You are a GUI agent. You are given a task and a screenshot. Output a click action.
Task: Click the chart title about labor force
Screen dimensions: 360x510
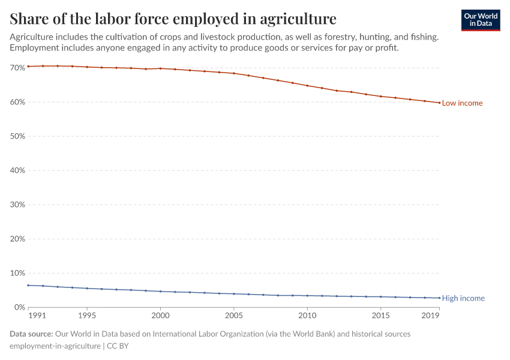(x=173, y=18)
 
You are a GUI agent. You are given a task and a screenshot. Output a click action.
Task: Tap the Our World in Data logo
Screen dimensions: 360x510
(x=481, y=20)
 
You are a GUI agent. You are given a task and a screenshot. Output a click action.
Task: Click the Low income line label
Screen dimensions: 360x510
(x=462, y=103)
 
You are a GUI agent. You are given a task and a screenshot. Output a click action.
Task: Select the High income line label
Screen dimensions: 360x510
(x=463, y=298)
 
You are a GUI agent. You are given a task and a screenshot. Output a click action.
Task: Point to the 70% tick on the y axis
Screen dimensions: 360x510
(x=17, y=68)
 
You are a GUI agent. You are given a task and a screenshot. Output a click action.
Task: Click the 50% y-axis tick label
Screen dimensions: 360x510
(x=17, y=136)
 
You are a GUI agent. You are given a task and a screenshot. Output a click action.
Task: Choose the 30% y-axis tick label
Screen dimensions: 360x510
(x=17, y=205)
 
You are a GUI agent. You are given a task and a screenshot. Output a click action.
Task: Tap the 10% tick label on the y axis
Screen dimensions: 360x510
(x=17, y=273)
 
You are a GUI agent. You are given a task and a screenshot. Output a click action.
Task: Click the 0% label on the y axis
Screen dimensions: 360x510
(x=19, y=307)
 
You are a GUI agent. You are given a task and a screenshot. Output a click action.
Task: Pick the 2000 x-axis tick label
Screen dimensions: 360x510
(x=160, y=316)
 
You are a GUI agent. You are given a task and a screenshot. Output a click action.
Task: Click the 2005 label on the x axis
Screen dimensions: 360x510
(x=233, y=316)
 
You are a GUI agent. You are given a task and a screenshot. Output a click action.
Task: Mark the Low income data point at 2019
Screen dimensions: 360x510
(x=439, y=103)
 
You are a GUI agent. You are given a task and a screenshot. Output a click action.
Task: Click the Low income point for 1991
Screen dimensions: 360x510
(x=28, y=66)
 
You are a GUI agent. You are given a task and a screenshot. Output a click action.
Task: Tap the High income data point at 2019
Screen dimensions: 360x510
(x=439, y=298)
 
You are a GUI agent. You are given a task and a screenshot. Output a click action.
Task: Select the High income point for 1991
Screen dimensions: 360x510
(x=28, y=285)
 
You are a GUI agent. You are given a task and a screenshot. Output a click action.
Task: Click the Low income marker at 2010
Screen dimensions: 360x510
(x=307, y=86)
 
